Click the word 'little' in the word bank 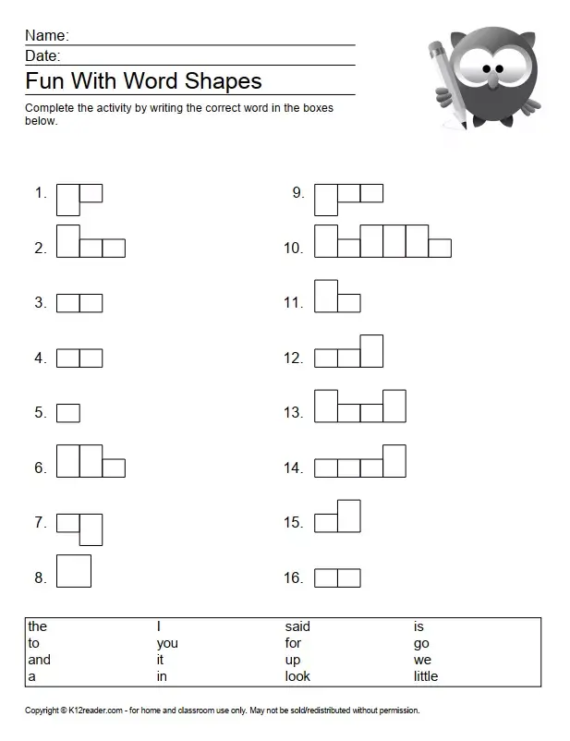pos(426,676)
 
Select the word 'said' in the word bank pos(297,626)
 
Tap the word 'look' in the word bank pos(297,676)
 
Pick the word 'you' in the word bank pos(167,643)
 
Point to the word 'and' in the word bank pos(39,660)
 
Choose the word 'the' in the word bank pos(37,626)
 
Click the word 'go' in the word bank pos(421,644)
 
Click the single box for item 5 pos(68,413)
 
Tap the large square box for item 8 pos(74,570)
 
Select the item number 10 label pos(293,248)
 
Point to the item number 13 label pos(293,413)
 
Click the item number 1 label pos(41,193)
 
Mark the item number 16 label pos(293,578)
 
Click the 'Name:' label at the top pos(46,35)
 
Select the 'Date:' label pos(42,56)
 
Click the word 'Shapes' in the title pos(223,80)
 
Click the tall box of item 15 pos(349,516)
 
